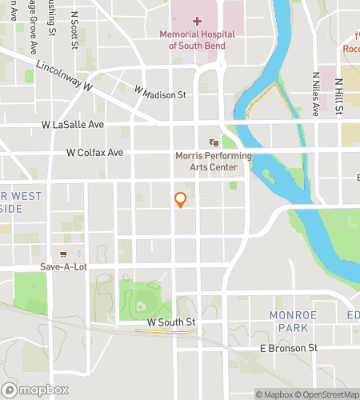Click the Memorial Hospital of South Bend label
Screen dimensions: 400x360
197,40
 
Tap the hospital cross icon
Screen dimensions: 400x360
197,21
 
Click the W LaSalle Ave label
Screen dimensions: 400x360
73,125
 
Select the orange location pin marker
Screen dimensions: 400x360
180,199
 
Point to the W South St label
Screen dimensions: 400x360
171,322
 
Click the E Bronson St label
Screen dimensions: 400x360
289,348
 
